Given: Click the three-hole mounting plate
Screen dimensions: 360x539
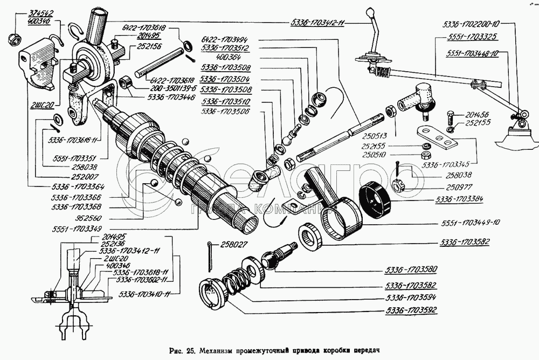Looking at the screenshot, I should click(x=437, y=136).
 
